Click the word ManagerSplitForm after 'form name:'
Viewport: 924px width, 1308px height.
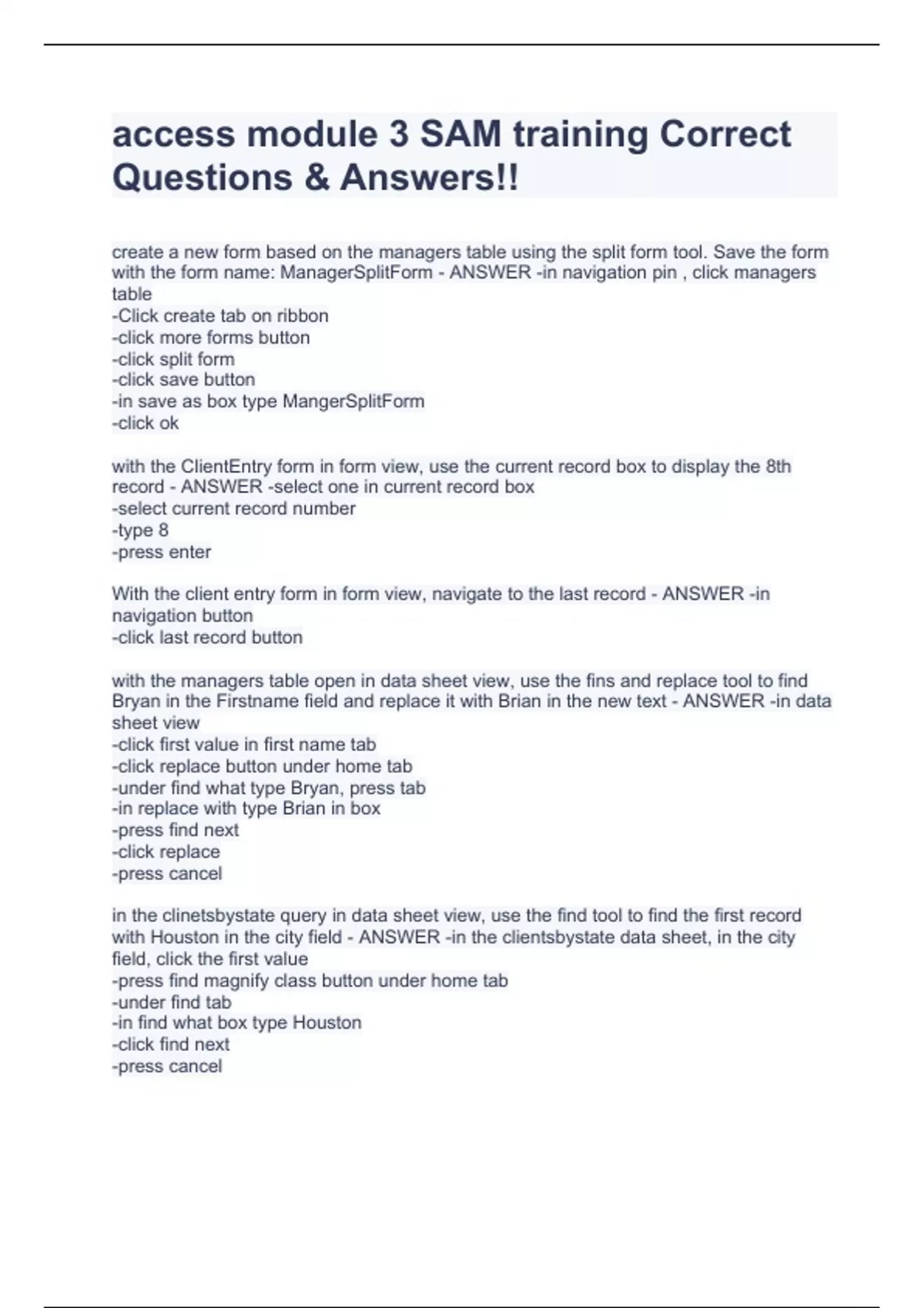tap(356, 272)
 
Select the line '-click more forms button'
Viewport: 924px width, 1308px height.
tap(210, 337)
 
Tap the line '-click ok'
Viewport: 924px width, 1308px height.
tap(145, 422)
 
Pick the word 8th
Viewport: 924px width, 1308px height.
tap(778, 466)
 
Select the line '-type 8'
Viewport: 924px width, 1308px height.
tap(139, 530)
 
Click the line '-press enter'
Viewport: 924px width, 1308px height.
tap(161, 552)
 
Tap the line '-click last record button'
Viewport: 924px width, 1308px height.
tap(206, 637)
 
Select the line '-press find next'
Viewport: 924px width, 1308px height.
tap(175, 830)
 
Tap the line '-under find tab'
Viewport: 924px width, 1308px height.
tap(171, 1002)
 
